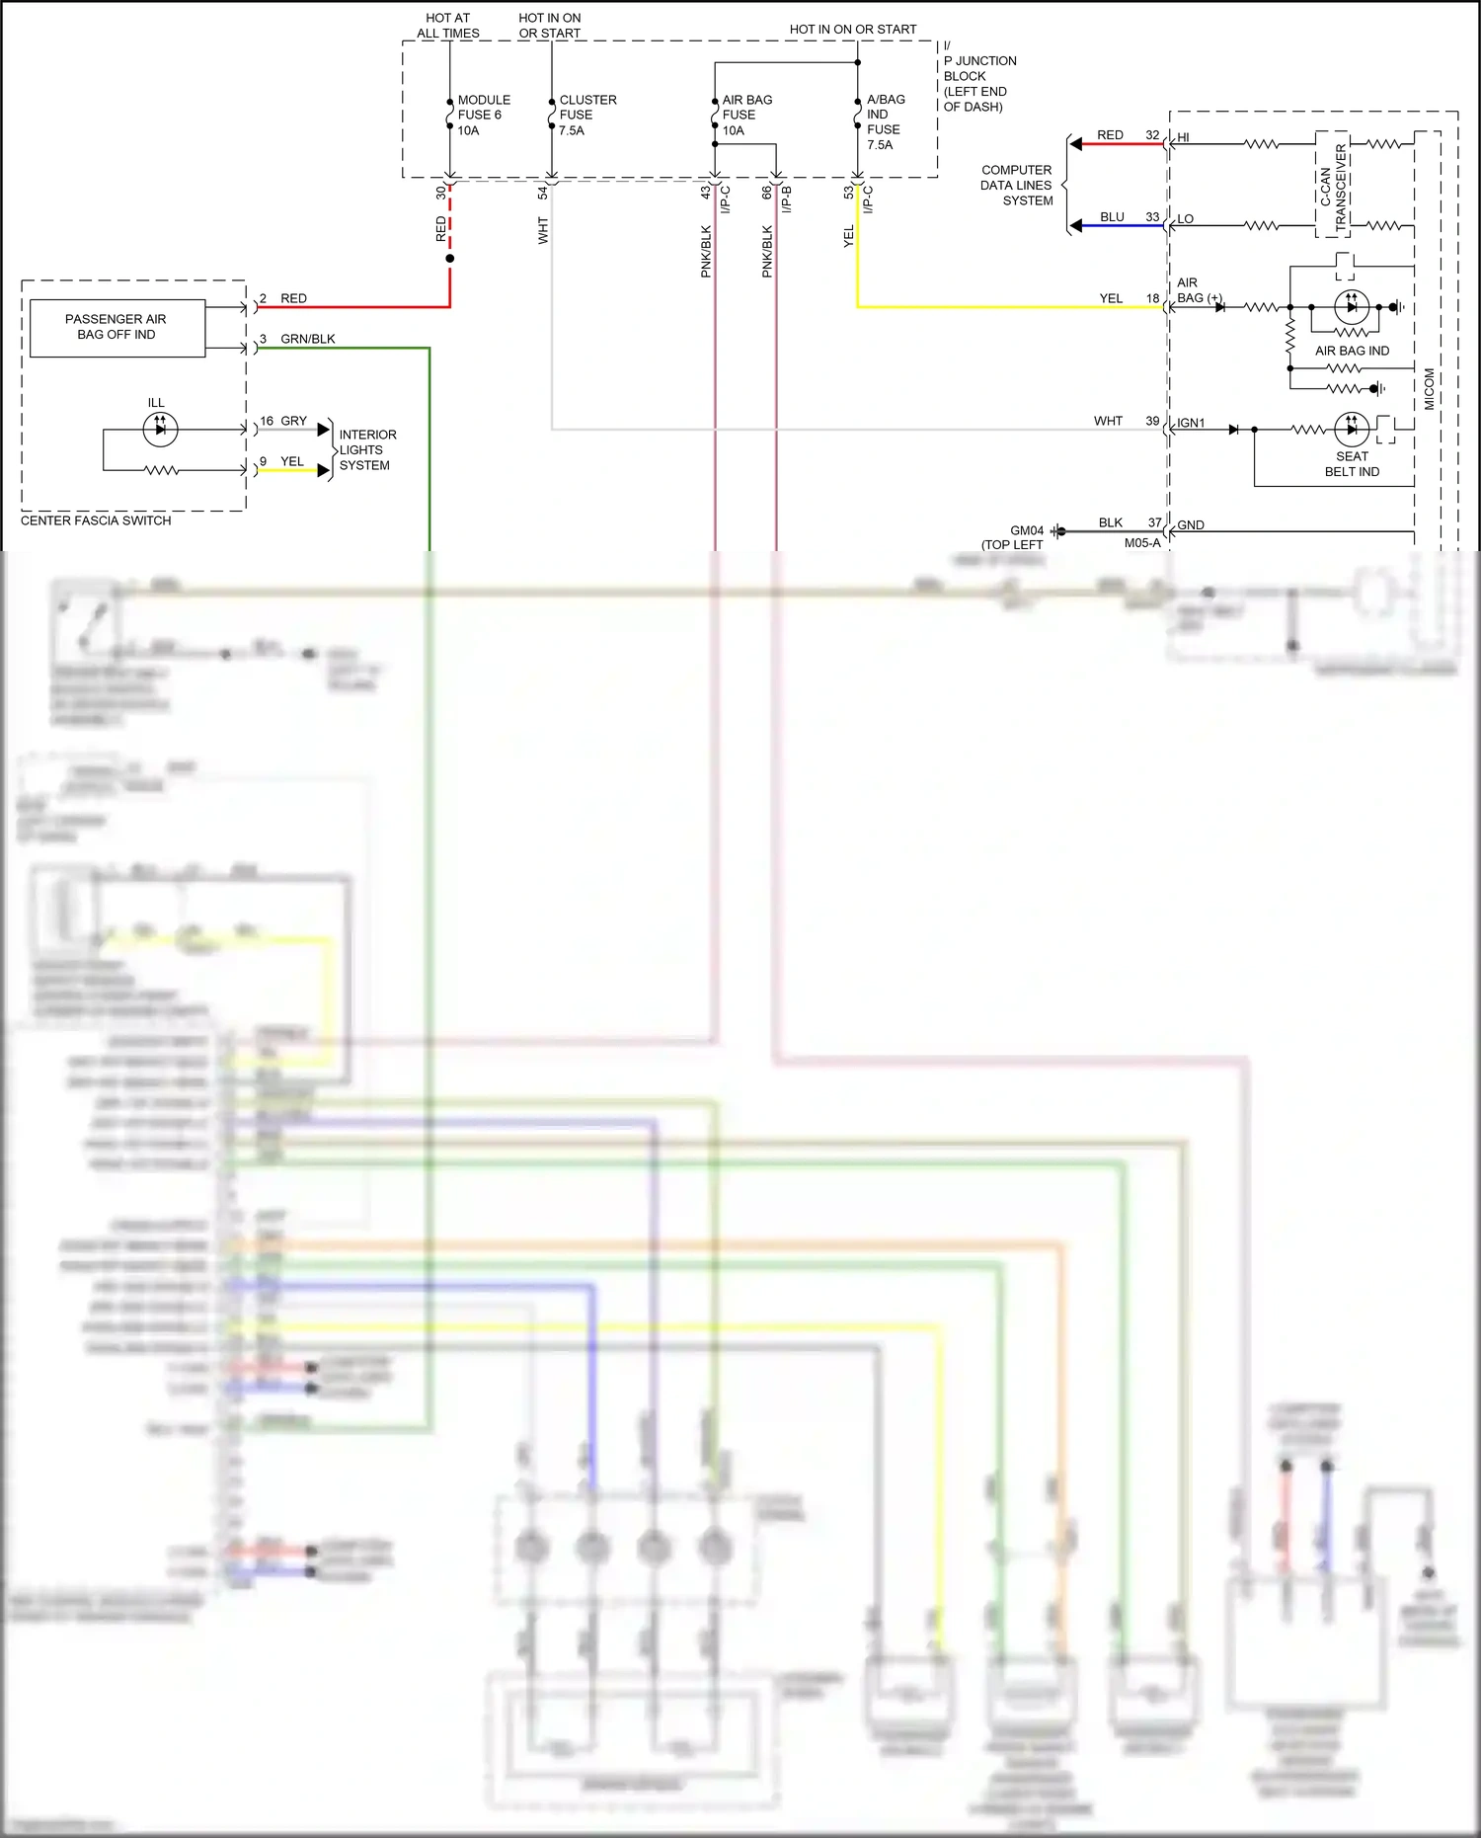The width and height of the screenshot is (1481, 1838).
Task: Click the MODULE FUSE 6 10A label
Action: click(x=483, y=115)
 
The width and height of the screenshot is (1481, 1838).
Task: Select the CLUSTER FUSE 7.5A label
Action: click(x=586, y=115)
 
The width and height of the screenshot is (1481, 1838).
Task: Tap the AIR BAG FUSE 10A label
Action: click(x=746, y=115)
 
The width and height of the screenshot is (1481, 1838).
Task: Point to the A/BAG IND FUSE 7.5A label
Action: click(x=884, y=121)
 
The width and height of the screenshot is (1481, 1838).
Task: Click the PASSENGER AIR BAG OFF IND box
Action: click(x=117, y=327)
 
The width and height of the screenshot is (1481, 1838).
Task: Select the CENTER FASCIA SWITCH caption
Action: click(x=96, y=520)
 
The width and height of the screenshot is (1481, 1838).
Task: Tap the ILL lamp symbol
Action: click(x=160, y=429)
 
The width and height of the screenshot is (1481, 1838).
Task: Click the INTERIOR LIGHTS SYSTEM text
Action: click(x=366, y=449)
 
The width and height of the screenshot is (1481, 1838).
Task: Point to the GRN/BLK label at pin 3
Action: click(x=307, y=339)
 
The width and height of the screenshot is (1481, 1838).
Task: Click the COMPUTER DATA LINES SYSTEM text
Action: click(x=1016, y=185)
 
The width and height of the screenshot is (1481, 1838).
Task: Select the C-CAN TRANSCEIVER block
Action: click(x=1332, y=186)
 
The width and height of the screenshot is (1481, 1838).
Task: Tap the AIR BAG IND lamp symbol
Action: click(x=1352, y=307)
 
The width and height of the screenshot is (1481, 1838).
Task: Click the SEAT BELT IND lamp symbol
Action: click(x=1352, y=429)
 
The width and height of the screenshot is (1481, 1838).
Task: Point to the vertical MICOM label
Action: click(x=1429, y=389)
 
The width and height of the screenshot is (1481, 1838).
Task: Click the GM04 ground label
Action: click(x=1026, y=530)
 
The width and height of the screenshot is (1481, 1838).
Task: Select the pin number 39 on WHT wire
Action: click(x=1152, y=421)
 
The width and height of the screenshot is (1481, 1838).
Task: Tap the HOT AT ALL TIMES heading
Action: click(x=447, y=26)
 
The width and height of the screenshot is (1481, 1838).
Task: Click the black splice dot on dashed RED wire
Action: click(x=450, y=259)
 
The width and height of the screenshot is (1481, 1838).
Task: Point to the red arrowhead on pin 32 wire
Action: click(x=1076, y=144)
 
